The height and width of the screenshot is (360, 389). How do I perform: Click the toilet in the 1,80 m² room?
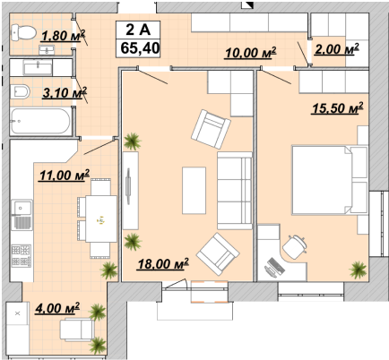(x=23, y=32)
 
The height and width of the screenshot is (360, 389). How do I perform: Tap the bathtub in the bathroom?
(x=40, y=121)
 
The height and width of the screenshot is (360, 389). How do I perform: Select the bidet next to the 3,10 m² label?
(x=20, y=91)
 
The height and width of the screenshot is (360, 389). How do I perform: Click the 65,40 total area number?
(x=140, y=48)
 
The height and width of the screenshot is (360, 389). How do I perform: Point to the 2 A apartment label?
(x=138, y=30)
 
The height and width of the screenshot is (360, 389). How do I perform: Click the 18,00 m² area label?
(x=163, y=263)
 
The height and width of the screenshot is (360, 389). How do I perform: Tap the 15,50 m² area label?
(x=338, y=107)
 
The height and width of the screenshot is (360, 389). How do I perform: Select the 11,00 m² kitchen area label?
(x=65, y=176)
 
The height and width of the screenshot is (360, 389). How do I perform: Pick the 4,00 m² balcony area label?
(x=57, y=308)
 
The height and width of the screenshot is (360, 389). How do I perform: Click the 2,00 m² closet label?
(x=337, y=48)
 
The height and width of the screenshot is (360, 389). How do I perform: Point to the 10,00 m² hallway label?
(x=251, y=53)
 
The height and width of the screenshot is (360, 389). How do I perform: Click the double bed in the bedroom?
(x=329, y=180)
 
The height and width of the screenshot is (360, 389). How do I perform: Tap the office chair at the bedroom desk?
(x=295, y=247)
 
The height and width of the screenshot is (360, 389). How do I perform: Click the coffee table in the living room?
(x=194, y=191)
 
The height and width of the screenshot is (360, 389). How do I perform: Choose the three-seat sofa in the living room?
(x=235, y=191)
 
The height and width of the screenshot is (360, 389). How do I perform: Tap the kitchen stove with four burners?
(x=22, y=256)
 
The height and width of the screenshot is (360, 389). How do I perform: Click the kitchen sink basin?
(x=22, y=207)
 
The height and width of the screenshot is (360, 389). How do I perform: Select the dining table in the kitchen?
(x=101, y=219)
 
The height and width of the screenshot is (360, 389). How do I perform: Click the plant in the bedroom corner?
(x=359, y=270)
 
